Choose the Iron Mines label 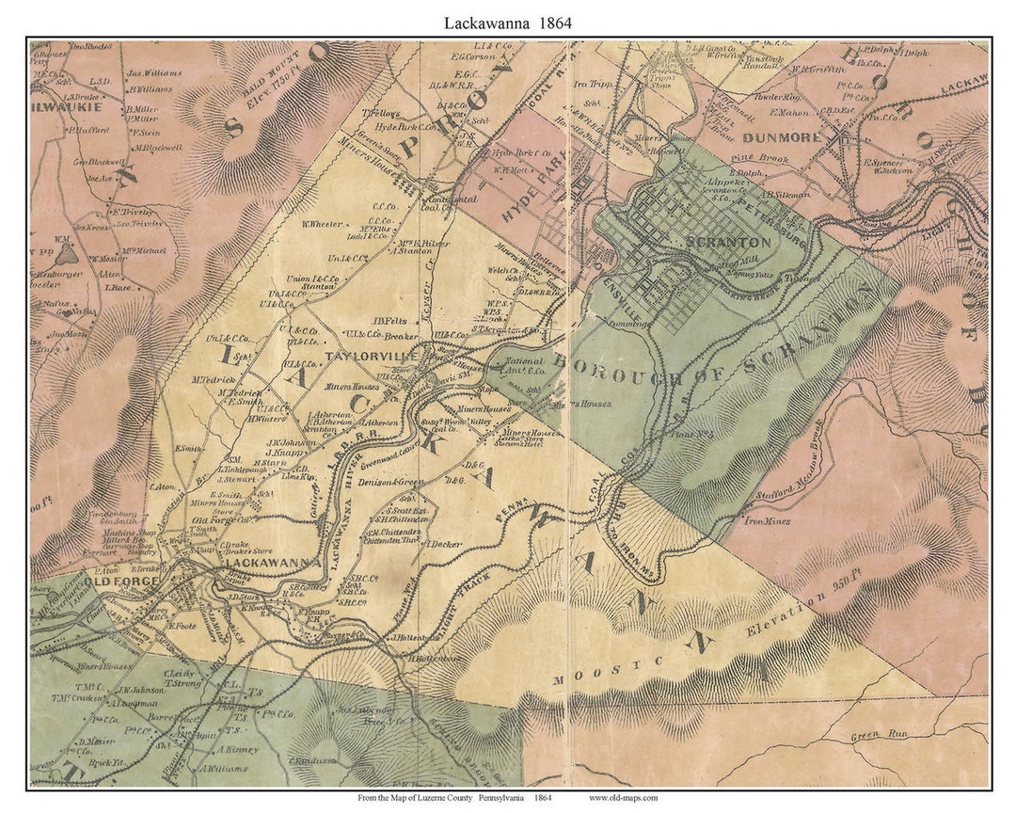768,520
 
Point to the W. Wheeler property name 321,223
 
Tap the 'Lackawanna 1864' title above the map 508,20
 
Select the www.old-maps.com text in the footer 623,798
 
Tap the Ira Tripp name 588,84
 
